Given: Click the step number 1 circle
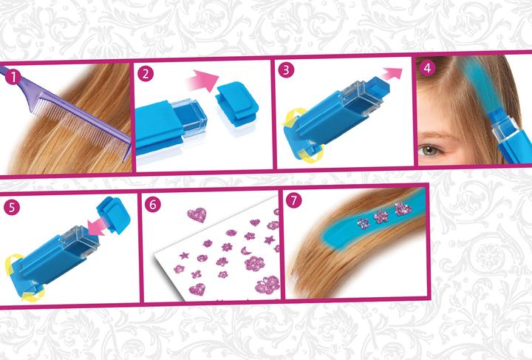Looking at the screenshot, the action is [x=13, y=78].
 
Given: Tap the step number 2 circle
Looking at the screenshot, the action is [x=146, y=74].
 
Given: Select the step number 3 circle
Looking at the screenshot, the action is [x=286, y=70].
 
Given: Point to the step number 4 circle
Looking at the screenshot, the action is [x=428, y=68].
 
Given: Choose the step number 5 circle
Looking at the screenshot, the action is [x=12, y=207].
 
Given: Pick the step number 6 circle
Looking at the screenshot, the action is [x=153, y=204].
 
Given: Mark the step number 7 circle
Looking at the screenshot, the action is [x=294, y=200].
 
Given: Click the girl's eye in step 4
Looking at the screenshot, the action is [x=430, y=149].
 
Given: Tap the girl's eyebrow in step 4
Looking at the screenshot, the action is [x=436, y=135].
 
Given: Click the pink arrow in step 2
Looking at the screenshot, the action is [x=203, y=81].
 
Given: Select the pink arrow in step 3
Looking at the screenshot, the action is [x=391, y=74].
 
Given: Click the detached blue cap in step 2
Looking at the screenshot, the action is [x=237, y=104].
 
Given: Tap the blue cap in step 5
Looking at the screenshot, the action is [x=113, y=215].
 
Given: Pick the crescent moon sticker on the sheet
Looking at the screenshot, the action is [x=245, y=251].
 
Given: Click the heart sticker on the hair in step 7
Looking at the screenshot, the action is [x=403, y=208].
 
